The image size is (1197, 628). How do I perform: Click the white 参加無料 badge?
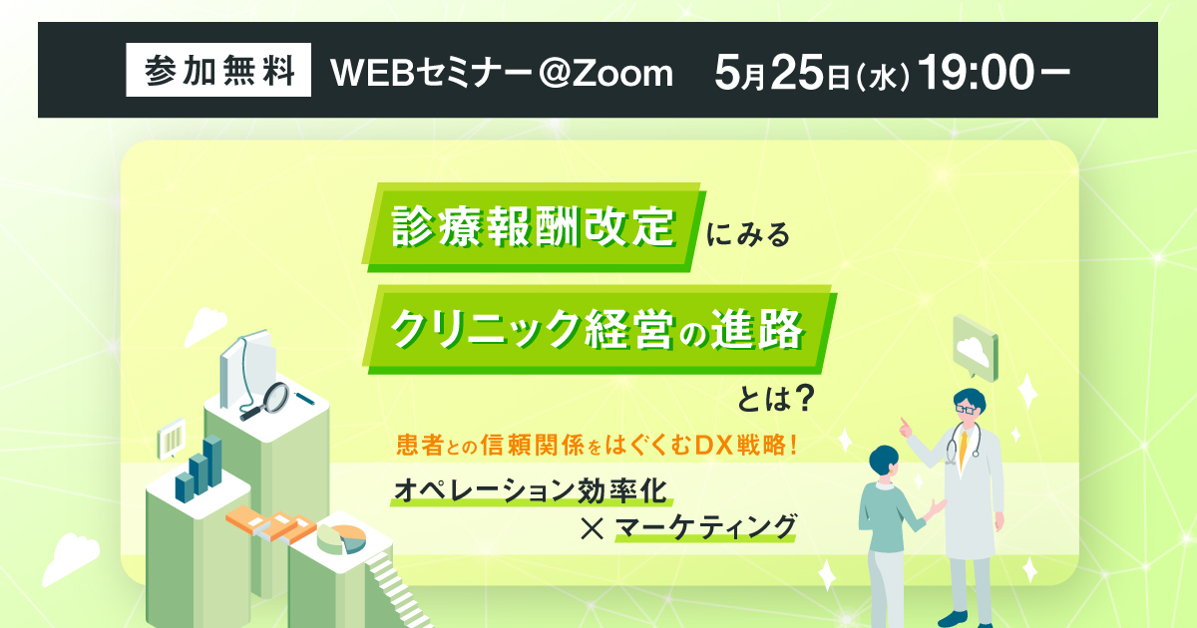pos(218,70)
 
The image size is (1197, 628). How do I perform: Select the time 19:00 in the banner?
pos(977,72)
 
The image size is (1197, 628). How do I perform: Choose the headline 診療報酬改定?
pos(533,227)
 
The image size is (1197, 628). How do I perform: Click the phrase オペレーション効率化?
pos(531,490)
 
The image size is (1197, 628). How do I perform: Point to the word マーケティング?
pos(705,526)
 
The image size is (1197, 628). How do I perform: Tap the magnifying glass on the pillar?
pos(266,402)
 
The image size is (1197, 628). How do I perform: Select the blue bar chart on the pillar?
pos(199,469)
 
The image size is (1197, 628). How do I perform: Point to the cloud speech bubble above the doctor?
pos(976,348)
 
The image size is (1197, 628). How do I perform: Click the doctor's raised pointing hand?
pos(906,428)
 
